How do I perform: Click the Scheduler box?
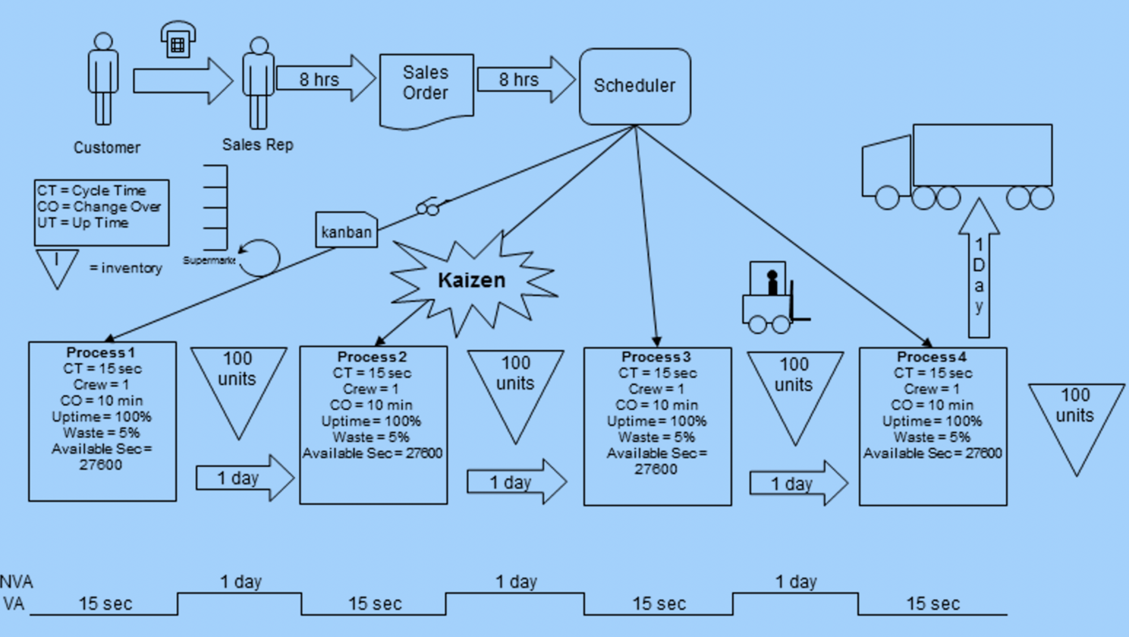point(634,87)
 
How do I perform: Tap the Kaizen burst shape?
point(471,281)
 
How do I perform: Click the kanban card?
point(346,231)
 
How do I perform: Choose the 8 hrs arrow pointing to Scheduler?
point(524,79)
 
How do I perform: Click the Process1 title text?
point(100,352)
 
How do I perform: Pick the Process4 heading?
point(931,357)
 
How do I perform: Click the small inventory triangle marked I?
point(57,266)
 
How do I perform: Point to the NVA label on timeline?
point(16,582)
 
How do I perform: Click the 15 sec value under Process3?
point(659,604)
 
